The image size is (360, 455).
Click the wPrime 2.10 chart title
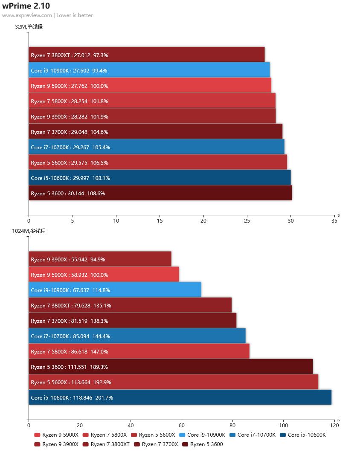tap(26, 6)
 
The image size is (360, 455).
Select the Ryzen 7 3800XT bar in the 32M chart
tap(147, 55)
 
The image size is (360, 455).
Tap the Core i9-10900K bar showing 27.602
tap(149, 70)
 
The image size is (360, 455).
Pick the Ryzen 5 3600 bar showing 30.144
tap(160, 193)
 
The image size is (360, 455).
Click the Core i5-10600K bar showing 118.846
tap(180, 397)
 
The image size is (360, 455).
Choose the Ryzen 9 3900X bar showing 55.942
tap(100, 259)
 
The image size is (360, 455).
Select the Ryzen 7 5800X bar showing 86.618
tap(139, 351)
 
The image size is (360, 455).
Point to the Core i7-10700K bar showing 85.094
tap(137, 336)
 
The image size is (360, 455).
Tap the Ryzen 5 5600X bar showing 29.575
tap(158, 162)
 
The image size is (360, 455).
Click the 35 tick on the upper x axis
tap(334, 221)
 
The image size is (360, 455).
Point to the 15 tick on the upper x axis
tap(160, 221)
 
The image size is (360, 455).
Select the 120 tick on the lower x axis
tap(334, 425)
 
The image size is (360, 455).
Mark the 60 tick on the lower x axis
tap(182, 425)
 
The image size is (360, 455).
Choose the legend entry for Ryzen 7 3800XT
tap(110, 444)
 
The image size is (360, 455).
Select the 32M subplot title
tap(29, 27)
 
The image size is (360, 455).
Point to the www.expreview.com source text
tap(27, 15)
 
